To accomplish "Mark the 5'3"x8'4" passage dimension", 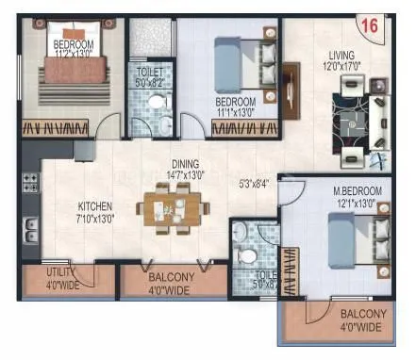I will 252,185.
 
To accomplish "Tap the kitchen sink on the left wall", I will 31,226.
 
